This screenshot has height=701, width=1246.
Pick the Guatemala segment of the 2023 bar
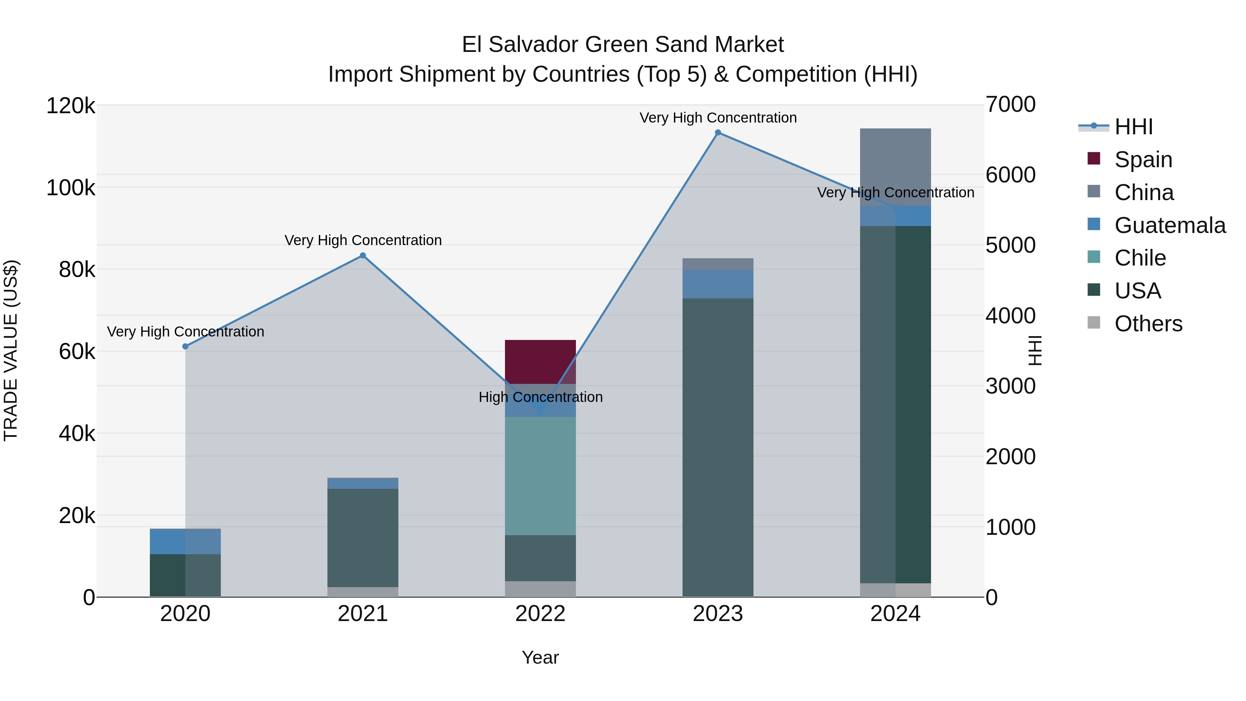[718, 284]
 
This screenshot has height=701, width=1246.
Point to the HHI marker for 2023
[718, 133]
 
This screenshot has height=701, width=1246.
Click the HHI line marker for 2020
[185, 347]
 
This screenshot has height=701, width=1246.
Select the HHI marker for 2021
[363, 255]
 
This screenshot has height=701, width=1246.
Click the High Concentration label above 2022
[540, 397]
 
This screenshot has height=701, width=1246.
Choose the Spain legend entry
[1143, 159]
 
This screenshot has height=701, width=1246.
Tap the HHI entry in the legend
[1133, 127]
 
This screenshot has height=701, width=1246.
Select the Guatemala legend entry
[1170, 225]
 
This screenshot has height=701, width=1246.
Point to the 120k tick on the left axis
[71, 106]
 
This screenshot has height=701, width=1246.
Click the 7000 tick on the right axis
[1010, 105]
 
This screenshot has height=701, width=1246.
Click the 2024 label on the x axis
[895, 614]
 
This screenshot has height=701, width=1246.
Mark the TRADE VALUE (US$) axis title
[11, 350]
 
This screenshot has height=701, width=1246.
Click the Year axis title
[540, 657]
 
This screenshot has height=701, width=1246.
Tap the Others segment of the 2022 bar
[540, 589]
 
